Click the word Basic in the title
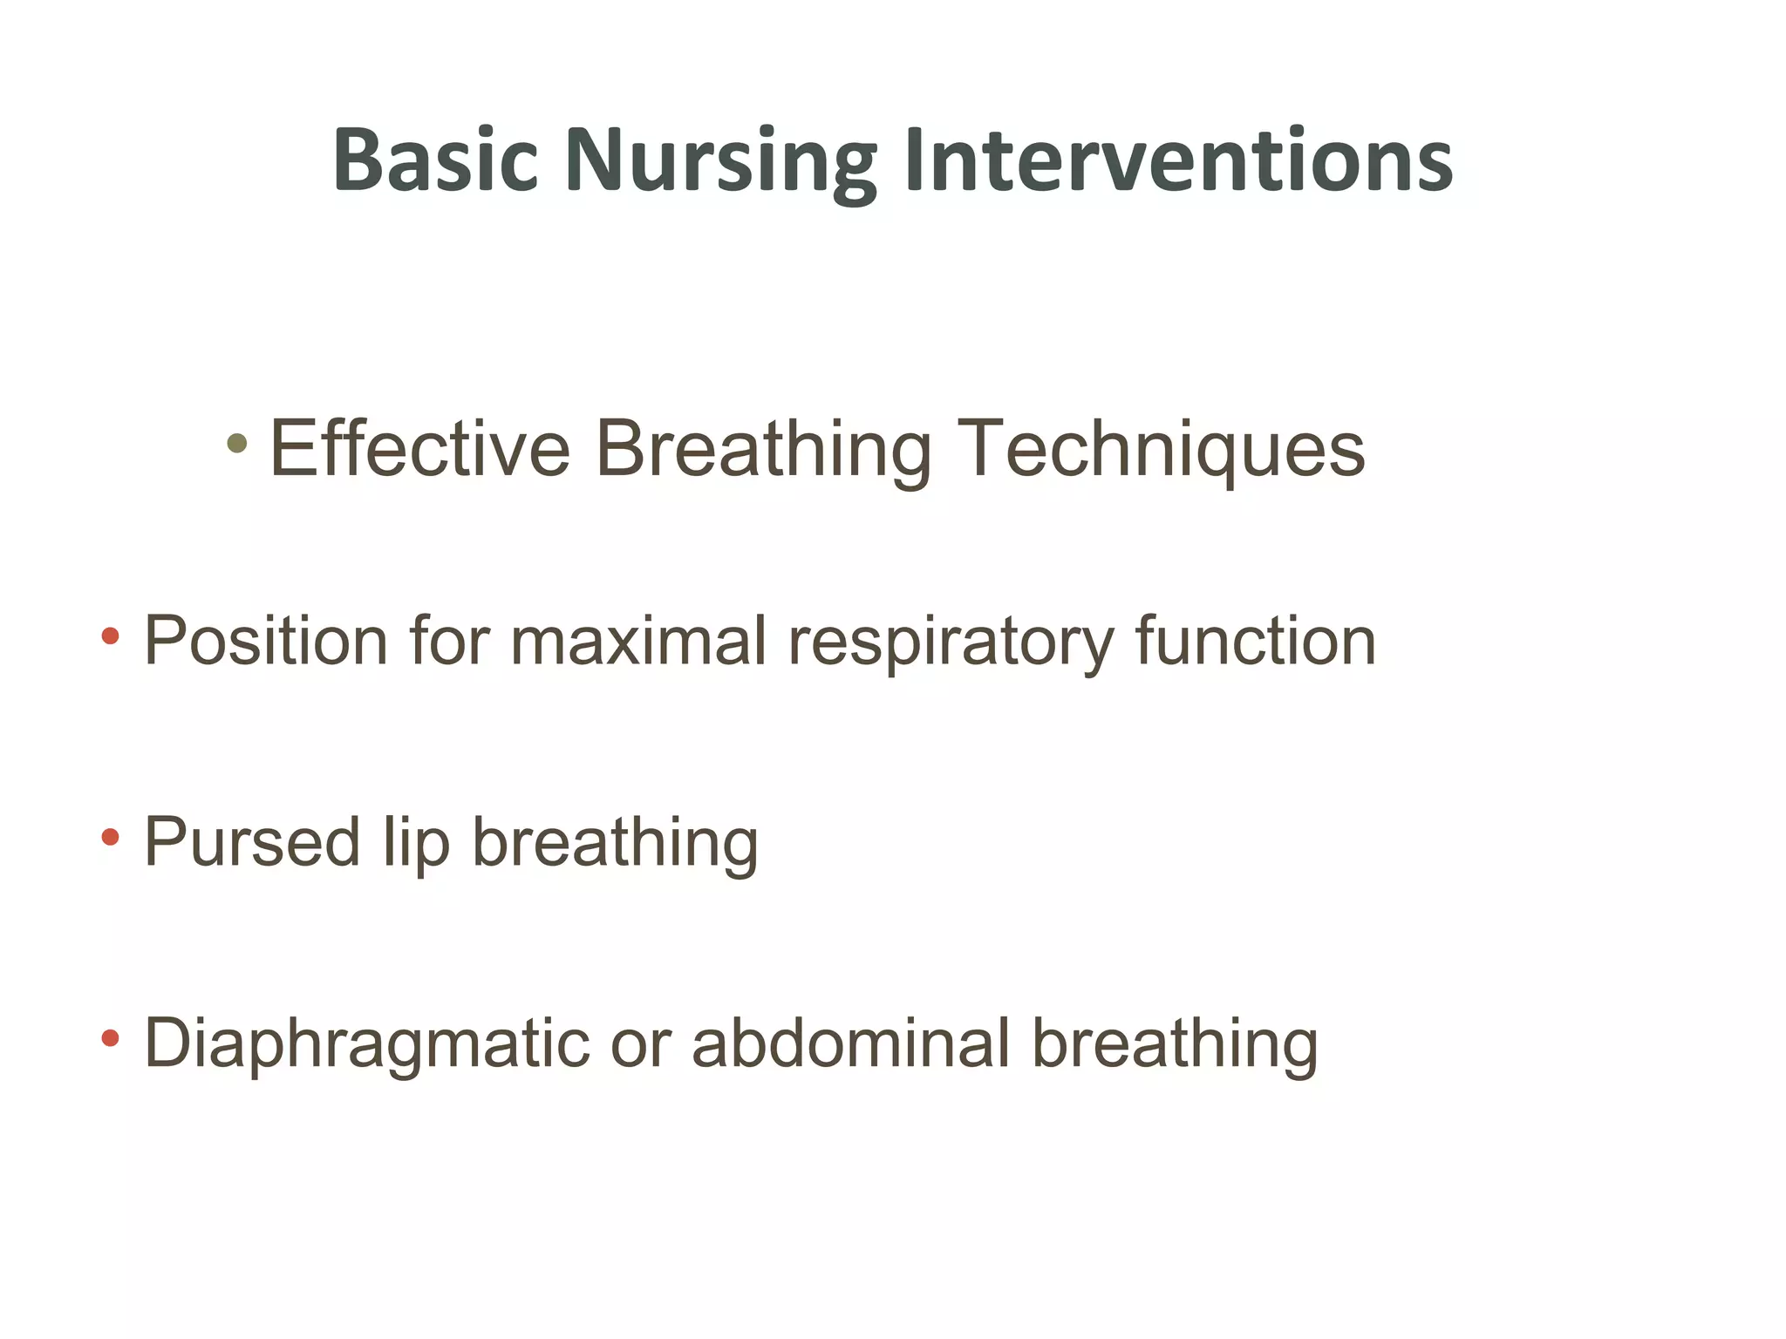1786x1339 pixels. tap(435, 160)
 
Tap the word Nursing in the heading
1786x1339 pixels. tap(719, 162)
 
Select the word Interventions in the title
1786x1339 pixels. tap(1179, 160)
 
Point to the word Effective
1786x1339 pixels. tap(420, 448)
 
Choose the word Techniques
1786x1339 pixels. tap(1161, 450)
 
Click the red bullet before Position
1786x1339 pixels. tap(110, 636)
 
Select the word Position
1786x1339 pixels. tap(265, 641)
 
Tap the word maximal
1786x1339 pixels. tap(638, 641)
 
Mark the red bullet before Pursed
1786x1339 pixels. tap(110, 838)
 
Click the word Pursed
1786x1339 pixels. tap(252, 842)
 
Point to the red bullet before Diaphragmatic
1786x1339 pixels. tap(110, 1037)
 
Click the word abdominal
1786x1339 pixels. tap(850, 1043)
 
